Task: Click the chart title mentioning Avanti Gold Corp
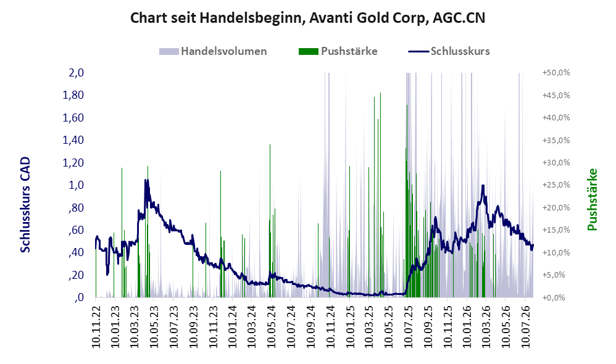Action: pos(307,18)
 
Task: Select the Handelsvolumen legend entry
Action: pos(213,51)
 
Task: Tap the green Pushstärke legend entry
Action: pos(338,51)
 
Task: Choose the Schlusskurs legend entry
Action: pos(449,51)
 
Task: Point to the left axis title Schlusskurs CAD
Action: pos(25,205)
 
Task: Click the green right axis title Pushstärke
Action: pos(592,199)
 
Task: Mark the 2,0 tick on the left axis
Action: pos(76,73)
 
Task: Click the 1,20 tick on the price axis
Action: pos(73,162)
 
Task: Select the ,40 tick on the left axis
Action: pos(76,252)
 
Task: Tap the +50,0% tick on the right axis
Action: pos(556,73)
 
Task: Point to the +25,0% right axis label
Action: pos(556,185)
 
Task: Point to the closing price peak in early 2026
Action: pos(483,186)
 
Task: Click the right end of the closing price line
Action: pos(533,245)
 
